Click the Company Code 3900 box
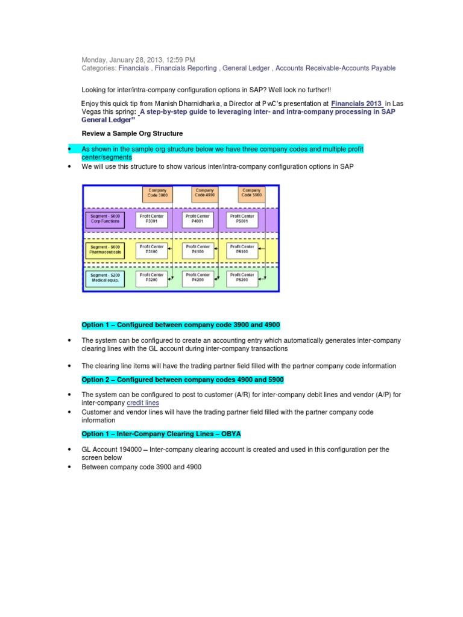tap(158, 193)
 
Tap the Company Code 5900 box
tap(251, 193)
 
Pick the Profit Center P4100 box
tap(198, 249)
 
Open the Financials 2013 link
tap(357, 104)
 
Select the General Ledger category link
tap(247, 68)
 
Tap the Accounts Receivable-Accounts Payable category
tap(335, 68)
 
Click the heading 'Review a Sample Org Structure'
tap(132, 133)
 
